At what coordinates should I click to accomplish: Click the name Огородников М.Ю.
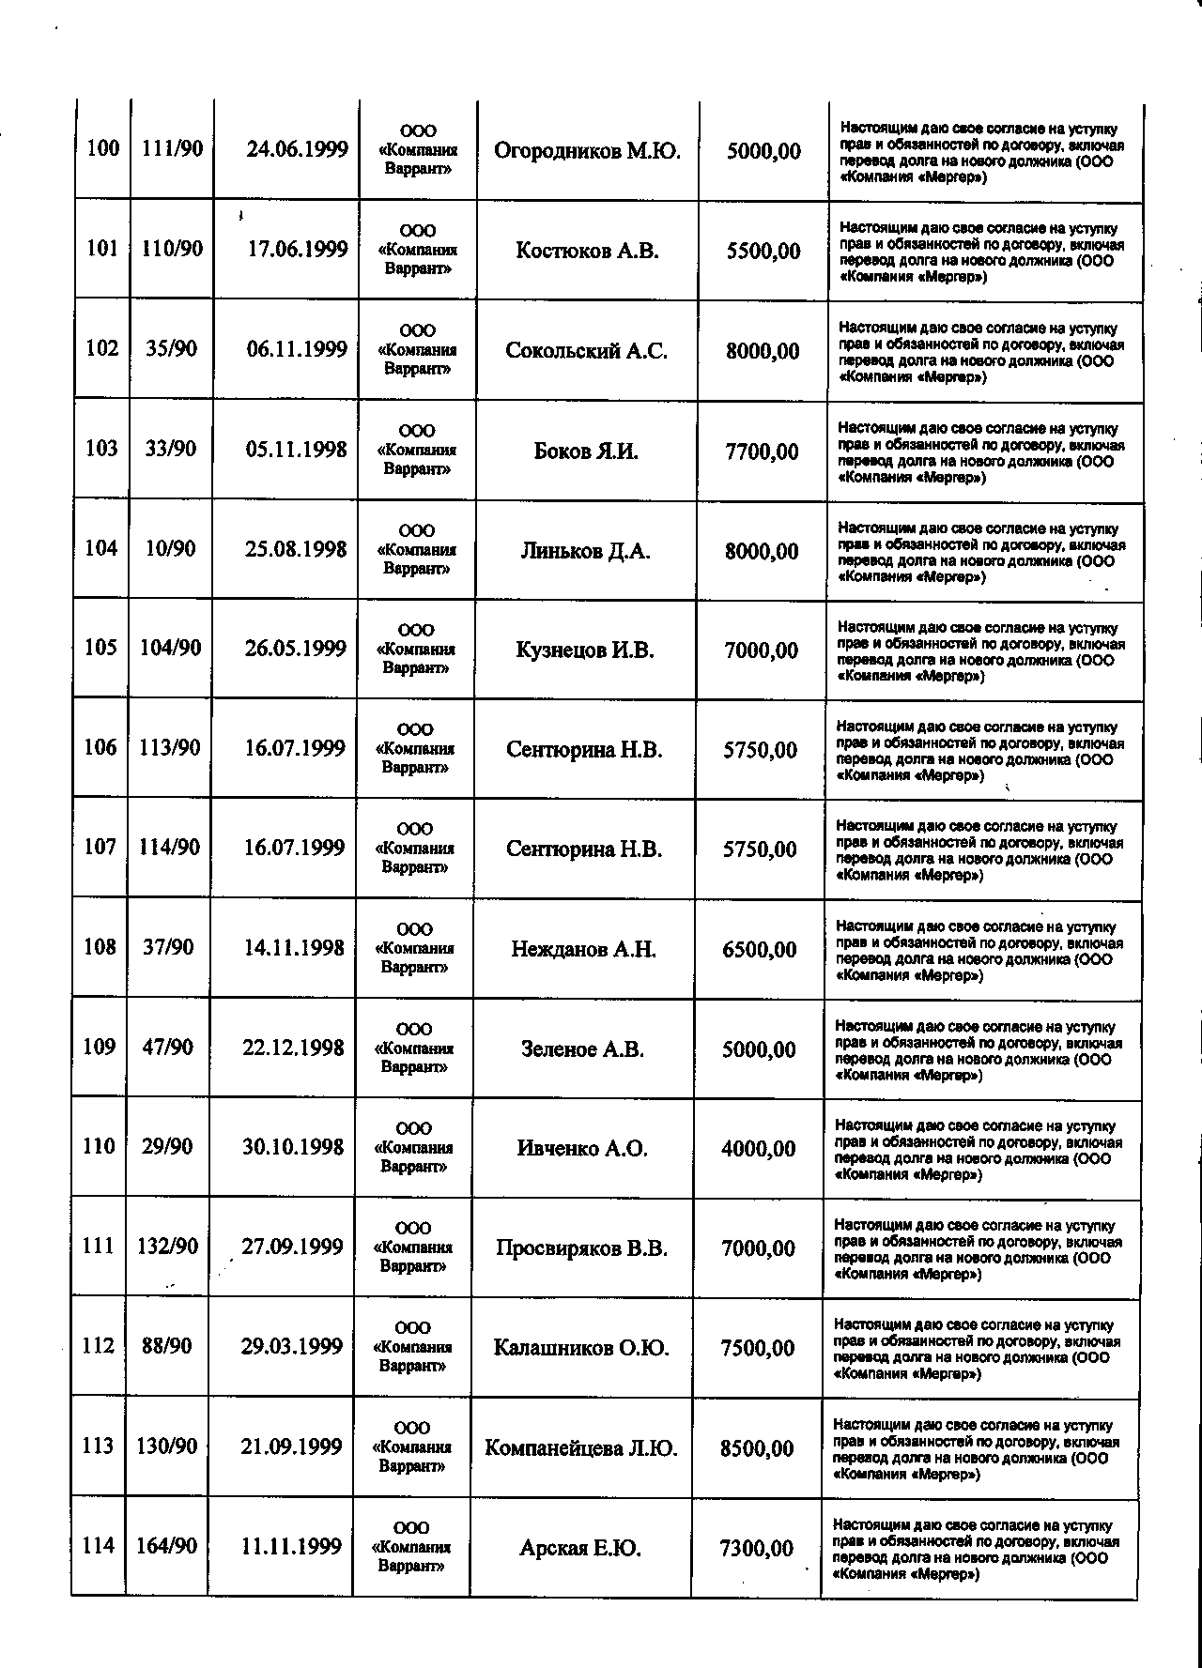pyautogui.click(x=587, y=151)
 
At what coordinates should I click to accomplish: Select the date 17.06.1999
pyautogui.click(x=298, y=250)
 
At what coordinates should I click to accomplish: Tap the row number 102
pyautogui.click(x=101, y=349)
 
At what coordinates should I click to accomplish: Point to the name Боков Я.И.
pyautogui.click(x=586, y=451)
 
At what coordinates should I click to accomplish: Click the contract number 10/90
pyautogui.click(x=170, y=549)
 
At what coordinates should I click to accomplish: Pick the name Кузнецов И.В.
pyautogui.click(x=585, y=650)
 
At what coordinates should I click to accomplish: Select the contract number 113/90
pyautogui.click(x=169, y=748)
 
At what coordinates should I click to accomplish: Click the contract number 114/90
pyautogui.click(x=169, y=848)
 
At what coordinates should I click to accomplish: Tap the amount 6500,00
pyautogui.click(x=760, y=950)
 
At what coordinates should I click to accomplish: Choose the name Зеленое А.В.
pyautogui.click(x=583, y=1049)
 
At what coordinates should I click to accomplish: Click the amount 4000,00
pyautogui.click(x=759, y=1149)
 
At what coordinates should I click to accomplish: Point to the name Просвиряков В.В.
pyautogui.click(x=582, y=1249)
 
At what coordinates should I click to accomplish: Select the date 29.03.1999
pyautogui.click(x=292, y=1347)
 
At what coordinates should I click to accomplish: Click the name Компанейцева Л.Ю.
pyautogui.click(x=581, y=1448)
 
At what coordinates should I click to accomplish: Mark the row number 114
pyautogui.click(x=98, y=1546)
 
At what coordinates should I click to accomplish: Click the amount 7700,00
pyautogui.click(x=763, y=452)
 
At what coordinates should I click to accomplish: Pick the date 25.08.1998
pyautogui.click(x=297, y=550)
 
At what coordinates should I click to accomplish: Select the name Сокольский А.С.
pyautogui.click(x=587, y=351)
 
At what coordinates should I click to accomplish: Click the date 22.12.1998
pyautogui.click(x=294, y=1048)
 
